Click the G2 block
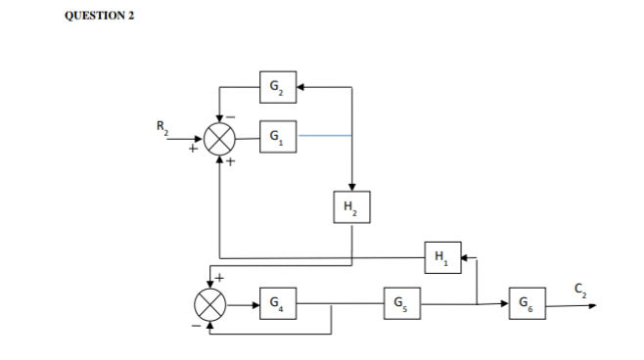(x=277, y=88)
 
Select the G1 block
(x=277, y=138)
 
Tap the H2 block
(x=351, y=206)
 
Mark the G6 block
(x=528, y=304)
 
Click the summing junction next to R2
(x=219, y=139)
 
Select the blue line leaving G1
(x=323, y=138)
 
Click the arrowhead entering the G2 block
(x=300, y=88)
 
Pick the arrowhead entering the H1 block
(x=465, y=257)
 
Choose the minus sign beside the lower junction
(x=194, y=324)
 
